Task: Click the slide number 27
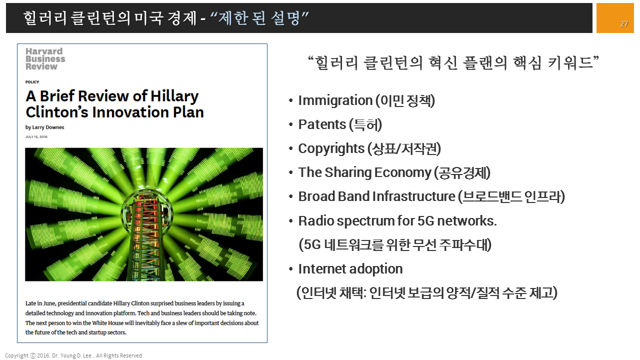[x=624, y=23]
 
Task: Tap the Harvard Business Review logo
[x=45, y=59]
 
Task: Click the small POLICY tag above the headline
[x=32, y=82]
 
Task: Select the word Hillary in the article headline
[x=174, y=96]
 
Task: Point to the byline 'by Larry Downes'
[x=44, y=127]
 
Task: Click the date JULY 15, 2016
[x=36, y=137]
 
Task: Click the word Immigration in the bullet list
[x=335, y=101]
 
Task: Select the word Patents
[x=322, y=124]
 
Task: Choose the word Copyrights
[x=331, y=149]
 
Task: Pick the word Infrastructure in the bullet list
[x=413, y=196]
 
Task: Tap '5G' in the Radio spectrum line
[x=425, y=221]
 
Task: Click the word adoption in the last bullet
[x=376, y=269]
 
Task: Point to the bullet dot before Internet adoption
[x=291, y=269]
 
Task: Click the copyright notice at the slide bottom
[x=74, y=355]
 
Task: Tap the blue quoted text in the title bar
[x=259, y=18]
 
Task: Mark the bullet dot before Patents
[x=291, y=124]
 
